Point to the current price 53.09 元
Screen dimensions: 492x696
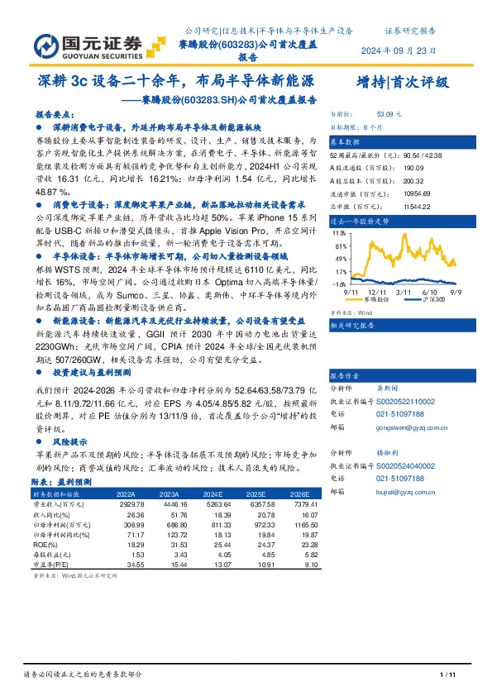pos(389,113)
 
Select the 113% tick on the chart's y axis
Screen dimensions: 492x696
pos(337,233)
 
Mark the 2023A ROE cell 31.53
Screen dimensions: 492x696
pos(168,543)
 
